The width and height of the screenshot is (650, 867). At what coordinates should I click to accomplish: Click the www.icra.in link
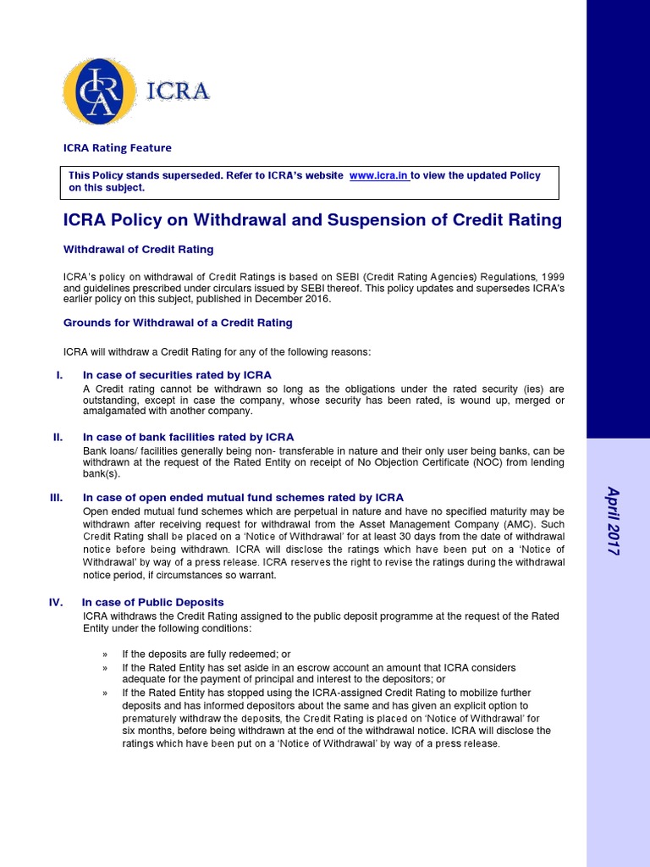[x=378, y=175]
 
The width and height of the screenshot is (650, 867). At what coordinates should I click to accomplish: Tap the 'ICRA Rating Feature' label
[x=118, y=147]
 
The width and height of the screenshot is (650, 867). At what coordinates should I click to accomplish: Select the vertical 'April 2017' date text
[x=614, y=521]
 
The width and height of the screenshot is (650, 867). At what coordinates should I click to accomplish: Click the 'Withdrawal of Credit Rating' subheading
[x=139, y=250]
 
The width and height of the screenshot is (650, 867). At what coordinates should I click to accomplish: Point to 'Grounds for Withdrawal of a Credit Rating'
[x=178, y=323]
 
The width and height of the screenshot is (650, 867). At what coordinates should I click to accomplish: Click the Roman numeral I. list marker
[x=59, y=375]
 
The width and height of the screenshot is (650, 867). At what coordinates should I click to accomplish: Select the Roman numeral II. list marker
[x=58, y=437]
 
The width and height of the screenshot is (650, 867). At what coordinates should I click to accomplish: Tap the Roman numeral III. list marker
[x=57, y=498]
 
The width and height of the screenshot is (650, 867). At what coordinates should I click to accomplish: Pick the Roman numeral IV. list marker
[x=56, y=603]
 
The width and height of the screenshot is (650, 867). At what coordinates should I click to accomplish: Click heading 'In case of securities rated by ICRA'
[x=177, y=375]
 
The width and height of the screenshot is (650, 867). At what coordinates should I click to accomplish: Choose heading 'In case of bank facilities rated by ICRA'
[x=188, y=437]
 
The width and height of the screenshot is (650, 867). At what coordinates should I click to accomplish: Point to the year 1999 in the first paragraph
[x=552, y=277]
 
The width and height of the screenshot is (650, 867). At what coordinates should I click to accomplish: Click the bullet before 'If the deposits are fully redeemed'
[x=105, y=654]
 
